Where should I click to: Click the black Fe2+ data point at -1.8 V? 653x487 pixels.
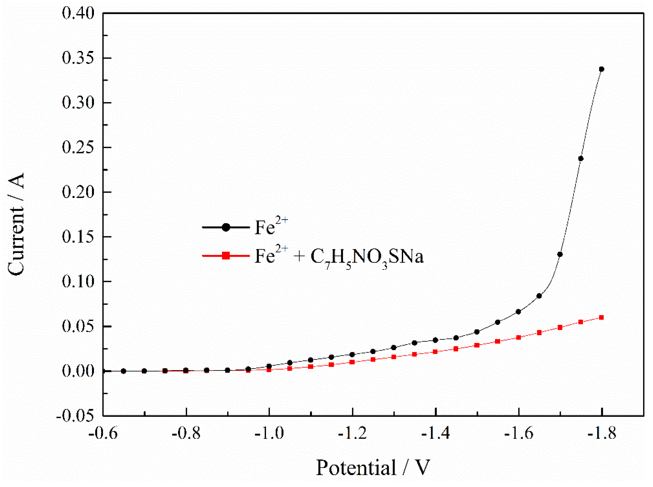pyautogui.click(x=601, y=69)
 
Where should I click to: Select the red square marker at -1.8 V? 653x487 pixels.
pyautogui.click(x=601, y=317)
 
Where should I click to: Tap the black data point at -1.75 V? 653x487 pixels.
pyautogui.click(x=581, y=159)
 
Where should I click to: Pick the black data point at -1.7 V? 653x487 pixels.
pyautogui.click(x=560, y=254)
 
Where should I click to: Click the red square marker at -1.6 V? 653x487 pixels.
pyautogui.click(x=518, y=337)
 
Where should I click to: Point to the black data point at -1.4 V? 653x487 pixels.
pyautogui.click(x=435, y=340)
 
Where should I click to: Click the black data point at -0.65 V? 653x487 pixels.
pyautogui.click(x=123, y=371)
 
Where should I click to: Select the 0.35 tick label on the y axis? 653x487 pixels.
pyautogui.click(x=78, y=58)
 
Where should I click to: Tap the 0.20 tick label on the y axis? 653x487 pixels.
pyautogui.click(x=78, y=192)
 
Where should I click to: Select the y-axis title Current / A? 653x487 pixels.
pyautogui.click(x=16, y=224)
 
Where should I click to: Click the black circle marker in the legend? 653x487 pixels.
pyautogui.click(x=226, y=227)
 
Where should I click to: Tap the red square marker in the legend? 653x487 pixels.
pyautogui.click(x=226, y=256)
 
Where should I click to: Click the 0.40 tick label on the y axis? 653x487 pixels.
pyautogui.click(x=78, y=13)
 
